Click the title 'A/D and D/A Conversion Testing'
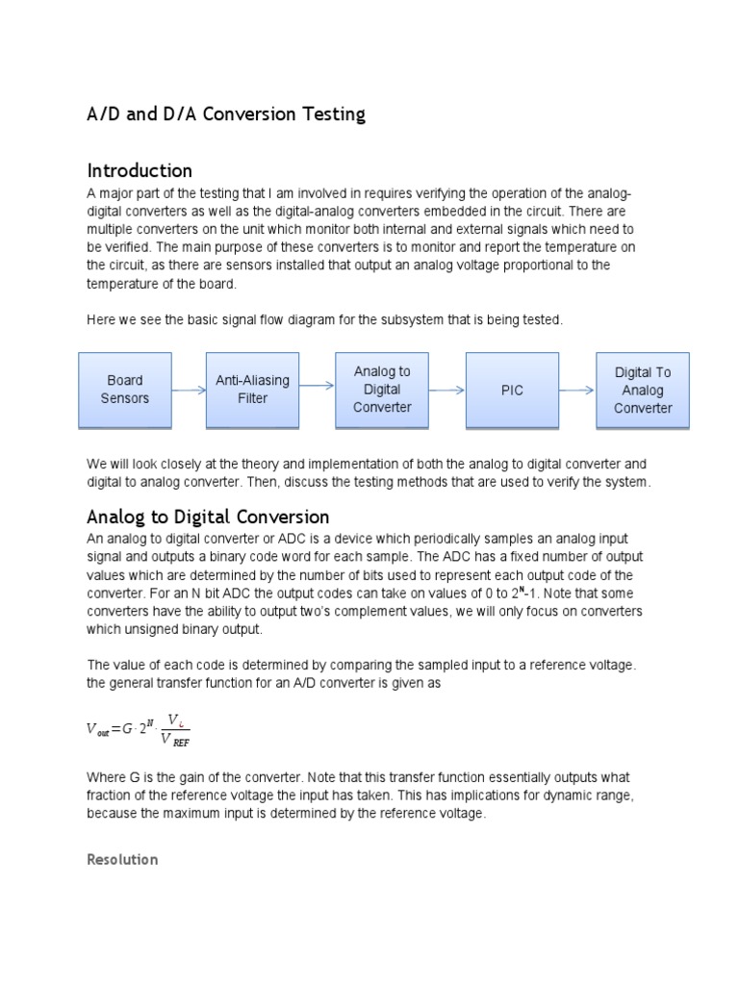click(226, 114)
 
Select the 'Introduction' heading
click(140, 170)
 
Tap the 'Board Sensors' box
click(125, 390)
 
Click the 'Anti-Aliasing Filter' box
click(252, 390)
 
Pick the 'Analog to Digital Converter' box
click(382, 390)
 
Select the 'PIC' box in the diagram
click(512, 390)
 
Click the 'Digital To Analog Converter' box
click(643, 390)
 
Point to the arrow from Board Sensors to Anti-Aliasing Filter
click(190, 390)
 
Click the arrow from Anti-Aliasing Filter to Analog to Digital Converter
click(317, 387)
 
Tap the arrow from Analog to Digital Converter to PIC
click(446, 390)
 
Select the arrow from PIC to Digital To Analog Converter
click(577, 390)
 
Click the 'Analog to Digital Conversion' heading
click(208, 517)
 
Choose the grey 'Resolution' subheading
click(122, 859)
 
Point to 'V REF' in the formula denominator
click(174, 741)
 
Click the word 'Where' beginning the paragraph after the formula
click(106, 776)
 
